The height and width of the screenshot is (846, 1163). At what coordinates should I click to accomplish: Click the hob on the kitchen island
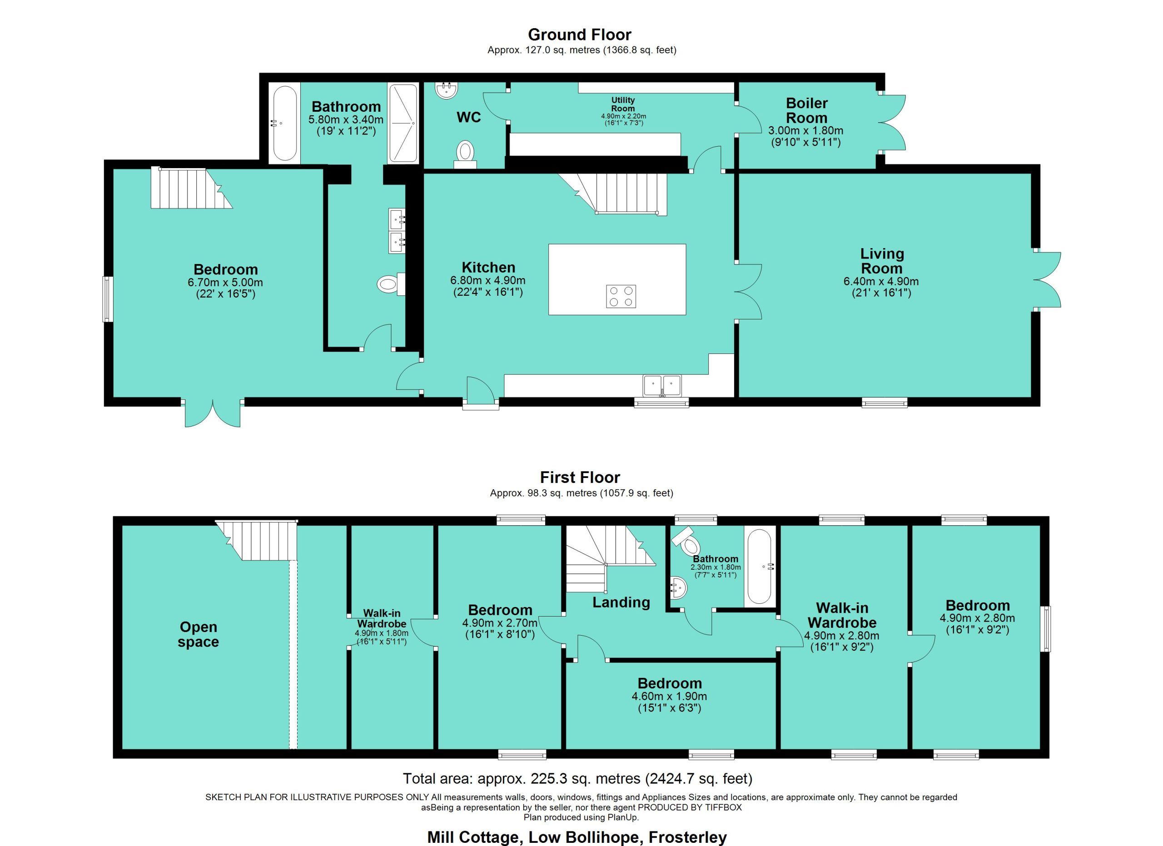621,296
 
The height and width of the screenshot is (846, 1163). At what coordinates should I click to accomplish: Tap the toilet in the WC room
465,154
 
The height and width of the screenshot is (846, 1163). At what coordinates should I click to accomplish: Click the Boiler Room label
807,110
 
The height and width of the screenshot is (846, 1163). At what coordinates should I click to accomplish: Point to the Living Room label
881,261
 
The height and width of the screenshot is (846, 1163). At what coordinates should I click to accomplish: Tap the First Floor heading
580,478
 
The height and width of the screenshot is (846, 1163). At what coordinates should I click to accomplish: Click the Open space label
199,634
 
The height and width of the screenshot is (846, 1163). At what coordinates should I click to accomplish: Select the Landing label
621,602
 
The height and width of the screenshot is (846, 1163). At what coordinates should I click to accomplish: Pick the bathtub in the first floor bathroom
759,567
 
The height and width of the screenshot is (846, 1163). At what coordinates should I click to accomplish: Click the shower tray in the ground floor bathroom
403,123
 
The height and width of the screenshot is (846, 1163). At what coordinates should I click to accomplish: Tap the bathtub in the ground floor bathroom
284,124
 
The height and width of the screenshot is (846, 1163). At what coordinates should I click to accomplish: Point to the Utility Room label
623,104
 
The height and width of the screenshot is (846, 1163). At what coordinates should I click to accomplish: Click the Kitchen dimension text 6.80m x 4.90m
487,281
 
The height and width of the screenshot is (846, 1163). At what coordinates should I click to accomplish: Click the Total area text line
578,779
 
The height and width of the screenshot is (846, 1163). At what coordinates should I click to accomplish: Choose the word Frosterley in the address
688,837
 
